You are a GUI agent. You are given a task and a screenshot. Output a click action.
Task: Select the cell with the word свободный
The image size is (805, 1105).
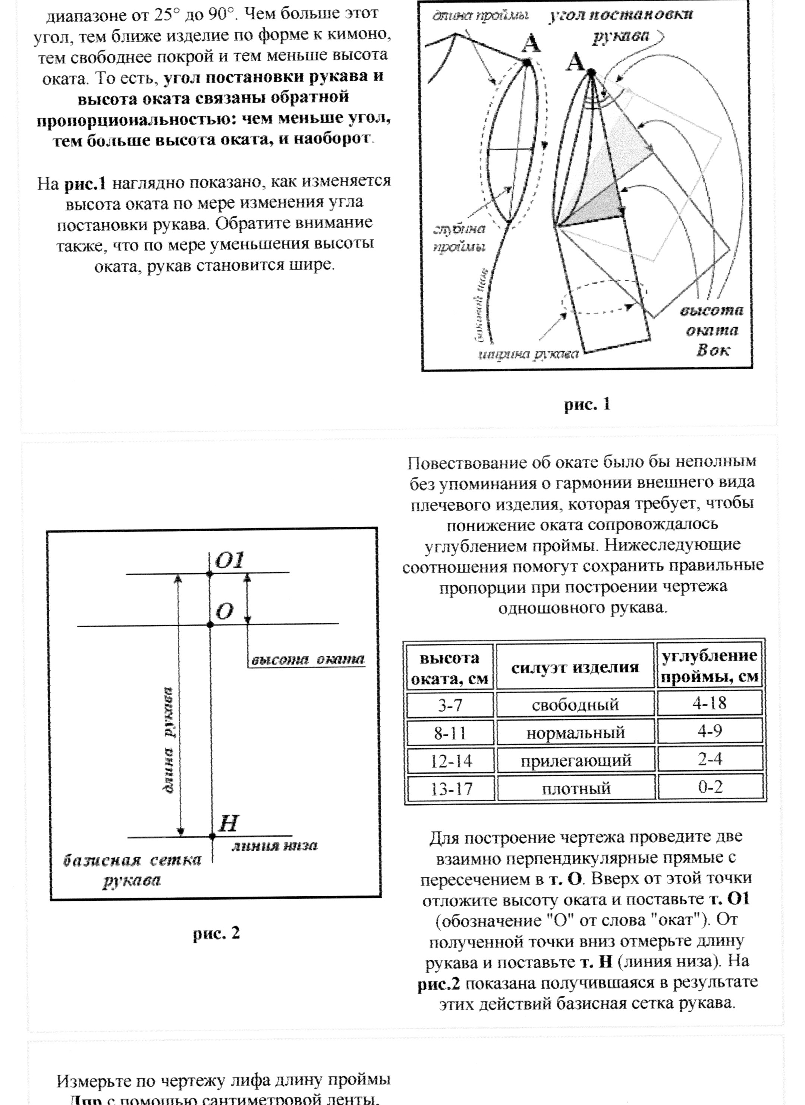tap(575, 705)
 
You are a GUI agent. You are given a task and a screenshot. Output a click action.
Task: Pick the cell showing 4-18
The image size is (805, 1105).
tap(710, 703)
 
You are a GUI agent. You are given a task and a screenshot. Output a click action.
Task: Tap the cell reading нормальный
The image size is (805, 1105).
tap(575, 733)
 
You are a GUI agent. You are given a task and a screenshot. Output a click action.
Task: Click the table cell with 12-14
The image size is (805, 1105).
tap(451, 761)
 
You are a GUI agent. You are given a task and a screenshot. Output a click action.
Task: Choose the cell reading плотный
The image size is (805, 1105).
tap(575, 789)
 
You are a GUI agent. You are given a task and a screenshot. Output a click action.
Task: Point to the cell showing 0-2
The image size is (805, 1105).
tap(710, 787)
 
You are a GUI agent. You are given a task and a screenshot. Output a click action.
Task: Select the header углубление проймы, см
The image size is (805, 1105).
tap(710, 666)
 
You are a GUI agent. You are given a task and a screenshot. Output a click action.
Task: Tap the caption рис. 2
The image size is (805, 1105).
tap(216, 933)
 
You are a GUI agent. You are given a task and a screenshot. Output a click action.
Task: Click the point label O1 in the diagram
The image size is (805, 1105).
tap(229, 561)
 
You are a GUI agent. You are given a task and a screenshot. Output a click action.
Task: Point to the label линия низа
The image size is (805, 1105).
tap(274, 846)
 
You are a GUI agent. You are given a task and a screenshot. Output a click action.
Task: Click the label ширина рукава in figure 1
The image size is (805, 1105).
tap(528, 354)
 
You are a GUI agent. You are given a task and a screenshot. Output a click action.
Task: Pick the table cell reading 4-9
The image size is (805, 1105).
tap(710, 731)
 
